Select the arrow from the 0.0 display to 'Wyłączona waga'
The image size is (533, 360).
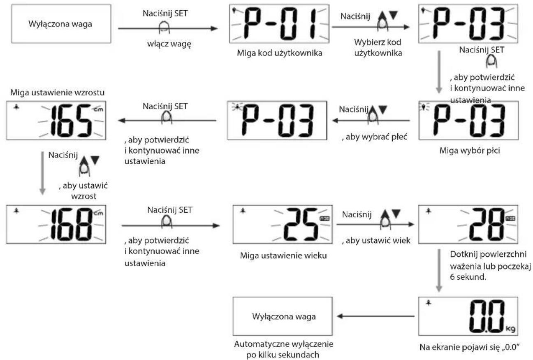375,316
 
